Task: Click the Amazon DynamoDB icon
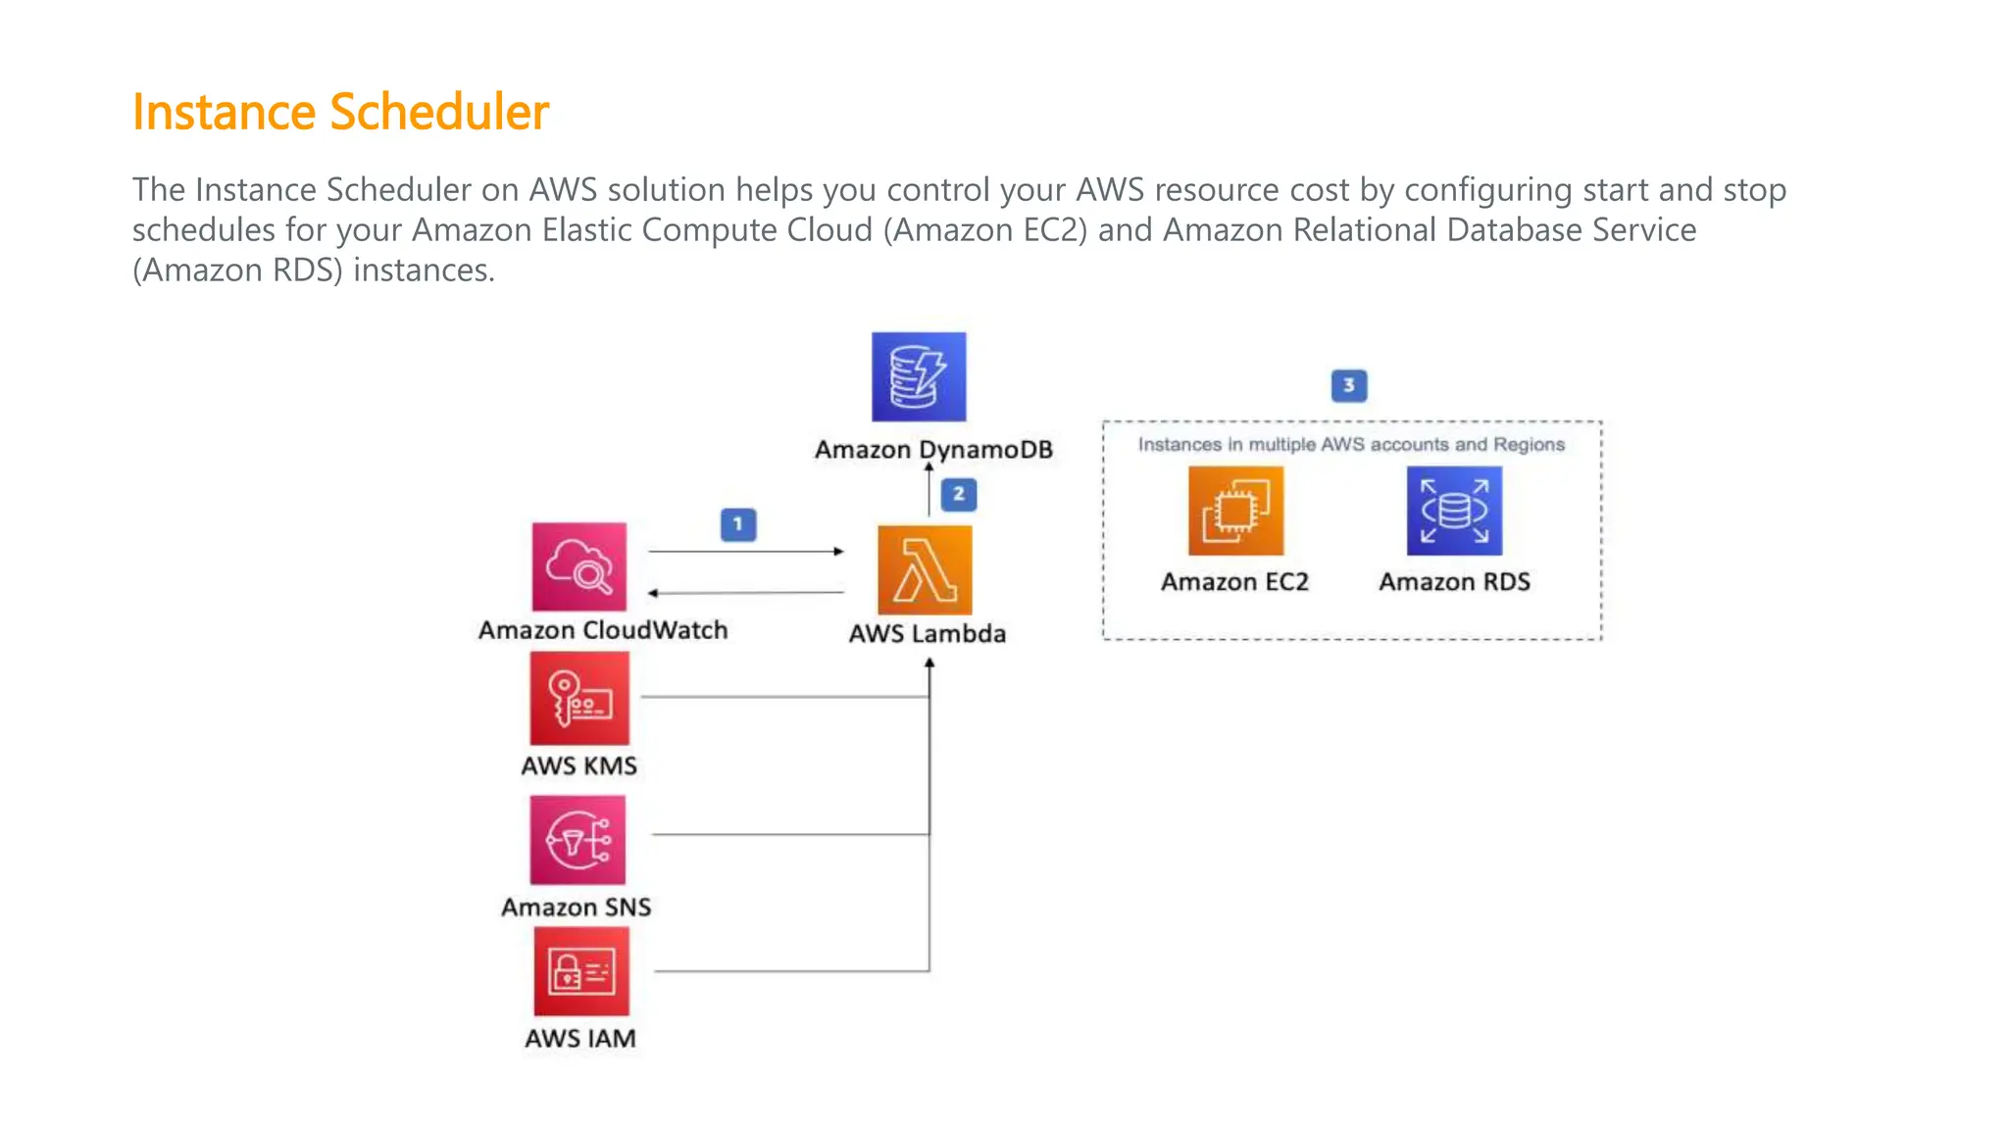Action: click(919, 377)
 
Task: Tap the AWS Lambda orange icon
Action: click(925, 570)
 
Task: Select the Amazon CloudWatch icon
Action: click(579, 566)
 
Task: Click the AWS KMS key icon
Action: click(579, 699)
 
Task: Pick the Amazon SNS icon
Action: click(577, 840)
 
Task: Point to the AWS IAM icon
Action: click(581, 971)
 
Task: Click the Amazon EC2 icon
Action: click(1235, 511)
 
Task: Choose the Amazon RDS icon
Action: click(1454, 511)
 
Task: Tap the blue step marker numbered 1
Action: click(738, 524)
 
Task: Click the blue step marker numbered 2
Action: click(958, 494)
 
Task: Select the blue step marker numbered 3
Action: click(1348, 385)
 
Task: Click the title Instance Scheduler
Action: click(340, 112)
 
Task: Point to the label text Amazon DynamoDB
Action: click(933, 450)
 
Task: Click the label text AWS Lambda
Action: click(927, 634)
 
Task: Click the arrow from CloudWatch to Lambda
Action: click(745, 552)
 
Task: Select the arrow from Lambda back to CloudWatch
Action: click(745, 592)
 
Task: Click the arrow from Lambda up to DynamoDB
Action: click(929, 488)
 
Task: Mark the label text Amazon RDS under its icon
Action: click(1454, 582)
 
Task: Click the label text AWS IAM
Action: click(579, 1039)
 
